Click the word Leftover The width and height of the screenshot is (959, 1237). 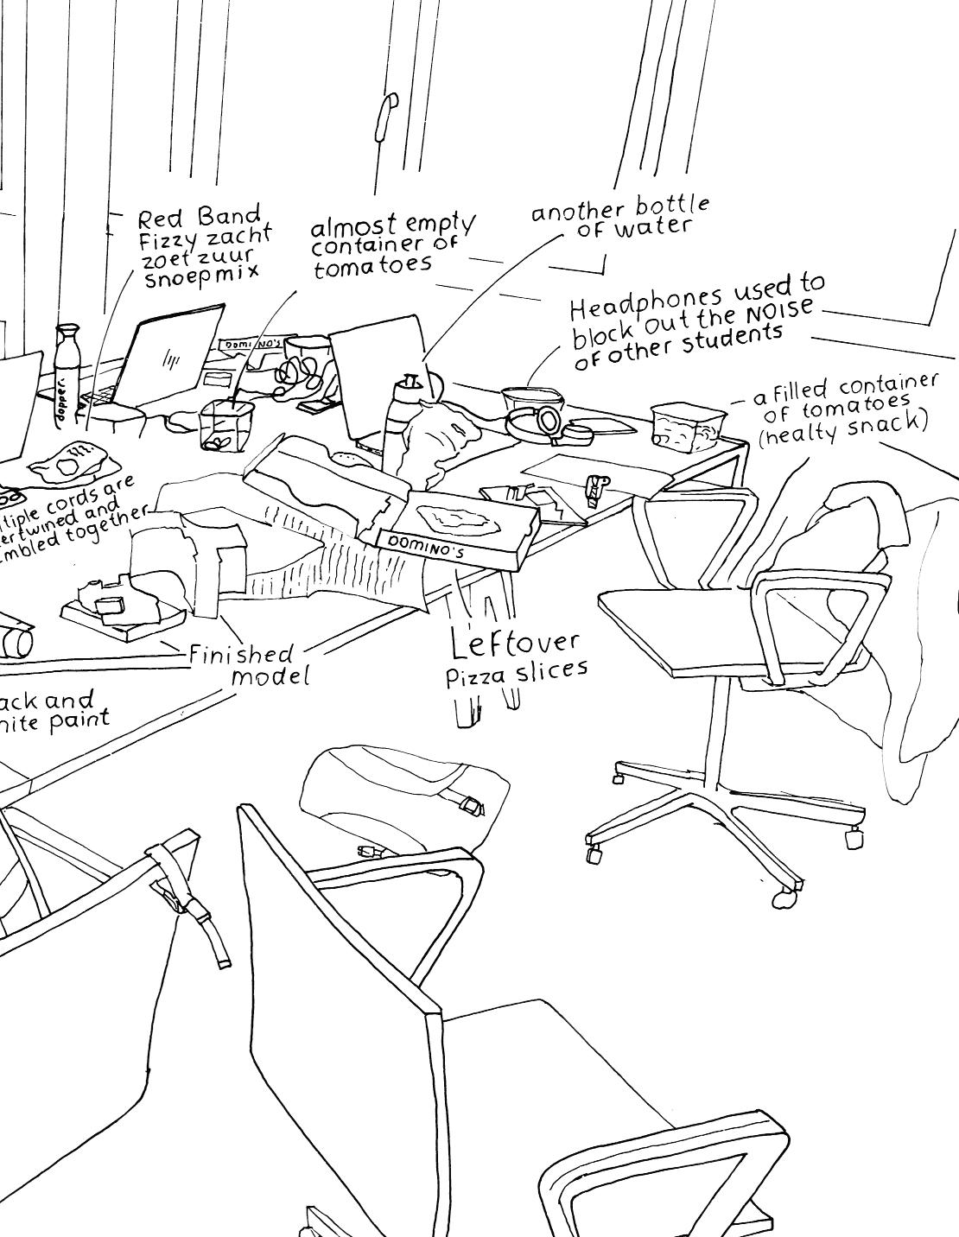(516, 641)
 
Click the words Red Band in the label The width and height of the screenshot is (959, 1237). (199, 216)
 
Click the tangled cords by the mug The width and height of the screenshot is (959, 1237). (297, 374)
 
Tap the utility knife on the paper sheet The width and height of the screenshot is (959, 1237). (594, 489)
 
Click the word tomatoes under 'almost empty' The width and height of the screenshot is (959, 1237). (372, 264)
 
